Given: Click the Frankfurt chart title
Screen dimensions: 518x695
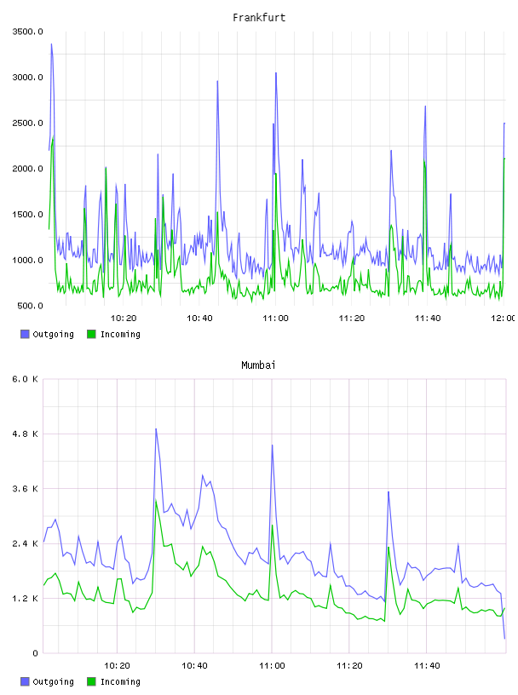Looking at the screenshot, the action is click(x=259, y=18).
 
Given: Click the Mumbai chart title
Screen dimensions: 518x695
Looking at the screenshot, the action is click(x=258, y=365).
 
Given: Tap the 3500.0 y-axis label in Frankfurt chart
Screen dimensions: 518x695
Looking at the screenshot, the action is click(x=27, y=32).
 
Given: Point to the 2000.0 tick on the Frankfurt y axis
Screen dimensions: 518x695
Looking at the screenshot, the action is click(x=27, y=169).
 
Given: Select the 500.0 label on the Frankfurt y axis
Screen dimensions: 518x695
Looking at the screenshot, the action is click(x=30, y=306).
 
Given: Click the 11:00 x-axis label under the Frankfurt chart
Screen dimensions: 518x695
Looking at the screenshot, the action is click(x=275, y=319).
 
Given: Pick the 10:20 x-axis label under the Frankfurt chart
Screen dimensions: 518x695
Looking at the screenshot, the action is click(x=124, y=319).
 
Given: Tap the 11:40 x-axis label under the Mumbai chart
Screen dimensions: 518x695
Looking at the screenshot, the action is click(x=427, y=666).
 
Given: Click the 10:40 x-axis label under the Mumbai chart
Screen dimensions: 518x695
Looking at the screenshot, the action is click(x=194, y=666).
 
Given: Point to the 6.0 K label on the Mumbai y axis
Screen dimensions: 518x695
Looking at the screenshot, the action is click(x=26, y=379).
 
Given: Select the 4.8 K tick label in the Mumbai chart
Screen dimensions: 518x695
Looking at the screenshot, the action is click(x=26, y=434).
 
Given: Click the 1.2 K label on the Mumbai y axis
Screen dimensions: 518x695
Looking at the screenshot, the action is click(x=26, y=599).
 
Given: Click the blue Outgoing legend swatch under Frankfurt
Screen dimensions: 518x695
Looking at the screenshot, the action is click(x=25, y=334).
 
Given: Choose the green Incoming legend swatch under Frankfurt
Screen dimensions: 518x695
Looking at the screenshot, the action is click(x=91, y=334).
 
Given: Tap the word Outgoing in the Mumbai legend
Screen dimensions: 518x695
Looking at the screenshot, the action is click(x=53, y=681).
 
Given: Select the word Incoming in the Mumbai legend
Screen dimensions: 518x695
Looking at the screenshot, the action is click(x=120, y=681).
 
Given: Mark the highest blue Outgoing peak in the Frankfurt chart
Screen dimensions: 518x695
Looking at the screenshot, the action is click(x=51, y=44).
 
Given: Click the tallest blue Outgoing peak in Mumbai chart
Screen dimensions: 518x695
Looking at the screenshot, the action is click(x=156, y=429).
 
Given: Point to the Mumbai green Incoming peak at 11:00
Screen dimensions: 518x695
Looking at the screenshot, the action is click(x=273, y=526).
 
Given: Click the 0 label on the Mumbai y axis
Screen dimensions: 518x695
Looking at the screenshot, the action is click(x=35, y=653).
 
